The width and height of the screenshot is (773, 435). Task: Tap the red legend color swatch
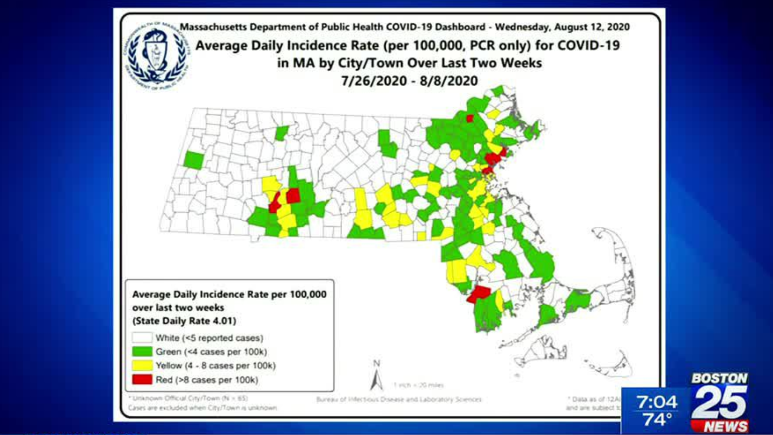142,379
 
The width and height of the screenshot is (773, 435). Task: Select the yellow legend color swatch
142,365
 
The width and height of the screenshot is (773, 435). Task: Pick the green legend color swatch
142,351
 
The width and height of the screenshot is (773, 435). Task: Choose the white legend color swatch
142,338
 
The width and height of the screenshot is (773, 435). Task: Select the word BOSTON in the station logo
719,378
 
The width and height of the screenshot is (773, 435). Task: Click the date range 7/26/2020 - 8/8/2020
409,81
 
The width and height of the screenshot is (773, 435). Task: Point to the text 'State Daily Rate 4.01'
184,321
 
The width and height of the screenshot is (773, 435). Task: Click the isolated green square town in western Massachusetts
193,160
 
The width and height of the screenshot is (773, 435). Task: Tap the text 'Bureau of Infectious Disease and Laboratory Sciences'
399,400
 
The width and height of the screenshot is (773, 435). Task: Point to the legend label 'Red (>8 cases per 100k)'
207,380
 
